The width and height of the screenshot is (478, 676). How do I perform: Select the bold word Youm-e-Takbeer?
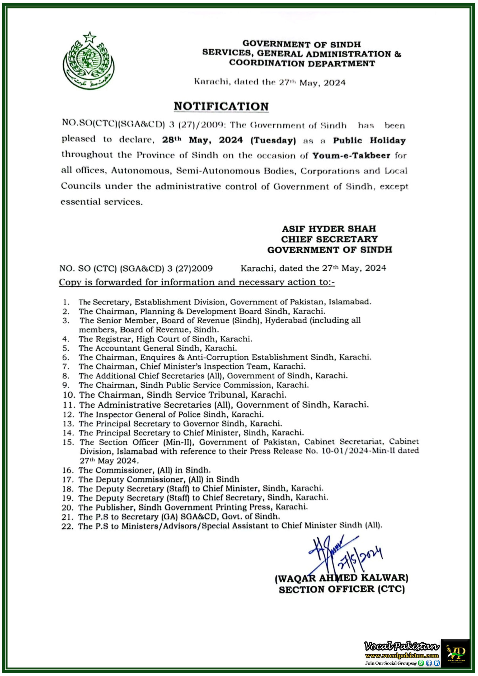(x=351, y=156)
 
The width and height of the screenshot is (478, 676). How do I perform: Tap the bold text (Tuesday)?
(x=273, y=140)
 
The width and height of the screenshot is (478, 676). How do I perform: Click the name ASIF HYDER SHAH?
(x=329, y=229)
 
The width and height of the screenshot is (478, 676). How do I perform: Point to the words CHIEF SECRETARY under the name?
(x=329, y=239)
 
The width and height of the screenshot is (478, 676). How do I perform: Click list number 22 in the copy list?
(x=67, y=526)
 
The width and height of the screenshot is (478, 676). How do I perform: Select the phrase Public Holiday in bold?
(x=369, y=140)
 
